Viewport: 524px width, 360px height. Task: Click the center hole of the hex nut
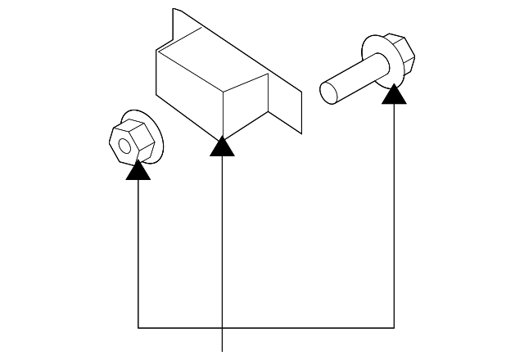pyautogui.click(x=124, y=146)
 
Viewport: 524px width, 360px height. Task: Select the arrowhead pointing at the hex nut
pyautogui.click(x=138, y=170)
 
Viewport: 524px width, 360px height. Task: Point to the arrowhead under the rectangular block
pyautogui.click(x=223, y=146)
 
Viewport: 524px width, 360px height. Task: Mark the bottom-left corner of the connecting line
pyautogui.click(x=138, y=328)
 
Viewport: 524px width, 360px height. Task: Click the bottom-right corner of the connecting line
pyautogui.click(x=395, y=328)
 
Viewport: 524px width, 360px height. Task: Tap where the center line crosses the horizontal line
pyautogui.click(x=223, y=328)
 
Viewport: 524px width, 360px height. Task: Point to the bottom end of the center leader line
pyautogui.click(x=223, y=349)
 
